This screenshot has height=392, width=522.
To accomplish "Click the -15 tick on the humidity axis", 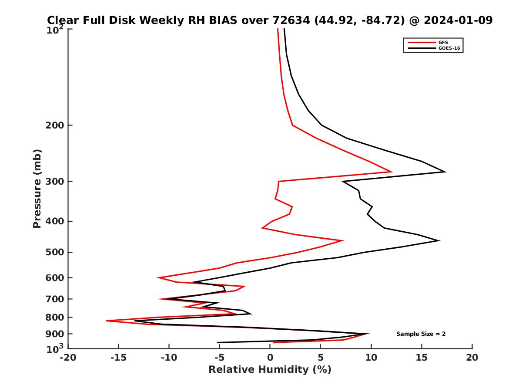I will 118,358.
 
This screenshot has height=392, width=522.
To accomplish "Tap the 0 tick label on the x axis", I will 270,358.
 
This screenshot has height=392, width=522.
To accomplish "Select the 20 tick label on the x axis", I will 472,358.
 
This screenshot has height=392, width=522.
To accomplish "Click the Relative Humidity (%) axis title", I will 270,370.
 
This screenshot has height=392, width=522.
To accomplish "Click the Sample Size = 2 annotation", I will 421,334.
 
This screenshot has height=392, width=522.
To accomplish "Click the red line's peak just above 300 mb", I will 392,172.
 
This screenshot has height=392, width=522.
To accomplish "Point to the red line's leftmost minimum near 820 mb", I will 107,321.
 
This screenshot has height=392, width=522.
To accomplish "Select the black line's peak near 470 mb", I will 438,240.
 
